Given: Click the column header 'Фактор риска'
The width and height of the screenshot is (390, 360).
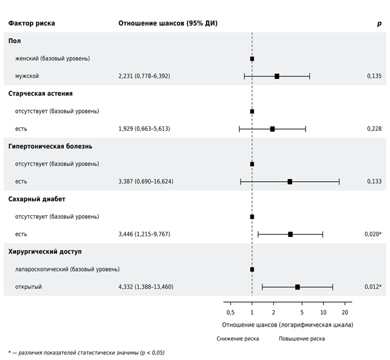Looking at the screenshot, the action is point(32,23).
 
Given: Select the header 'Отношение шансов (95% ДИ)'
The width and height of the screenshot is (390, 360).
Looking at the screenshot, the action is point(168,23).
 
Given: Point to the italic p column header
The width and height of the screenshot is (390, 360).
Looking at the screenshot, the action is point(379,24).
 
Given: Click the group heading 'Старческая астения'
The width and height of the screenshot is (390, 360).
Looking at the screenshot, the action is point(40,94).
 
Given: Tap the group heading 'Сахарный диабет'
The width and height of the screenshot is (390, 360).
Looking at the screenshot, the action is point(36,199).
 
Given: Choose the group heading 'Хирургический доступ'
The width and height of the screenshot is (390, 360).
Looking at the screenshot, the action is point(45,252).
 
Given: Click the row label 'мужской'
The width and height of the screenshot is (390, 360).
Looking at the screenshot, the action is point(27,76).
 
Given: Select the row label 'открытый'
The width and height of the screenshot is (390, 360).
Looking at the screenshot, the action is point(29,287).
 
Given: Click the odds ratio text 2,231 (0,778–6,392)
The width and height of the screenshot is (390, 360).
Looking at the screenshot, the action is point(144,76).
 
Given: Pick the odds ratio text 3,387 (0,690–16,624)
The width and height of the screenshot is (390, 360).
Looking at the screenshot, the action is point(146,181).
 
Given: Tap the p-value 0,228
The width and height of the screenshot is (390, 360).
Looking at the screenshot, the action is point(374,129).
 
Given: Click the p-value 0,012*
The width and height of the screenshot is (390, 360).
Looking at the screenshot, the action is point(373,287).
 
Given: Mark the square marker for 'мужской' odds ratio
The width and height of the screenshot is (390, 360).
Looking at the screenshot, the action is point(277,77).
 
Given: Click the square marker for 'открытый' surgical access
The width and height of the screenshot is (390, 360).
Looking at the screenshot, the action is point(298,287).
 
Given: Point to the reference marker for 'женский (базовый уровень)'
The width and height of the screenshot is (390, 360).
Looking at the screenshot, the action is point(252,59).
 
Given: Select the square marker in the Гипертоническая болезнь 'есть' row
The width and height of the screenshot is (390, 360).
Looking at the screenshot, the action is point(290,182).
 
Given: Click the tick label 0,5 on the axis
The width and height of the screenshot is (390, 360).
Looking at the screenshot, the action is point(231,313).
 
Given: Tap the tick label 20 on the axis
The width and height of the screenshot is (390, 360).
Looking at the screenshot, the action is point(344,313).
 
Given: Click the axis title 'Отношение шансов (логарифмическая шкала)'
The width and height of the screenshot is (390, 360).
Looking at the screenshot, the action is point(287,325).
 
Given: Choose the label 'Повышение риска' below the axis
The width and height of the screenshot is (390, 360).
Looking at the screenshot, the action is point(302,339).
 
